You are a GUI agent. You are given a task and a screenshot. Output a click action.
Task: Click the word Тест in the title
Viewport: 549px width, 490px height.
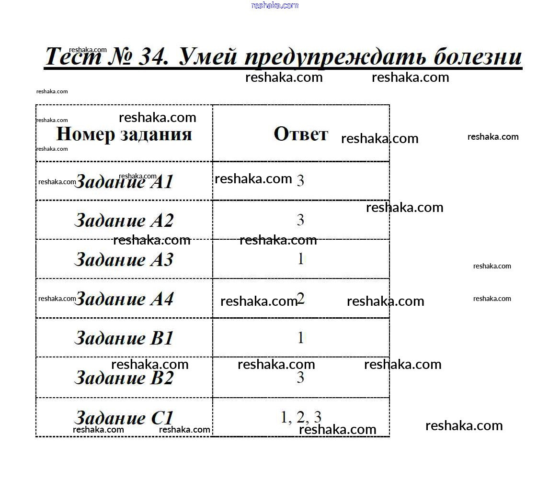(73, 56)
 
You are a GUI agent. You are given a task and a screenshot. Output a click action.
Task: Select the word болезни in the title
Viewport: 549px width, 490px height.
(478, 56)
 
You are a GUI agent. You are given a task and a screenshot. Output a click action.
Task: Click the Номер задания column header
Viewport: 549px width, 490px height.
(124, 134)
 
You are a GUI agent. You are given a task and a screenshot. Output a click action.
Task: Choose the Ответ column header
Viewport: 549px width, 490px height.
(301, 134)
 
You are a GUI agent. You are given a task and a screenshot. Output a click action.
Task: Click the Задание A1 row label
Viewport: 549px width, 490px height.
(124, 181)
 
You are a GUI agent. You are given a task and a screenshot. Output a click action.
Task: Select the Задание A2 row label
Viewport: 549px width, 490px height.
(124, 220)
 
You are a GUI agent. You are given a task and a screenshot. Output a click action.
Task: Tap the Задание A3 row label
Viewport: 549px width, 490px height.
(124, 259)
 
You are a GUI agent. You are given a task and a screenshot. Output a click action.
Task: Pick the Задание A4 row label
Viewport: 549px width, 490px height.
(124, 299)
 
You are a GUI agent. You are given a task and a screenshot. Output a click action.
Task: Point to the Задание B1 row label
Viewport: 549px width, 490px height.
(124, 338)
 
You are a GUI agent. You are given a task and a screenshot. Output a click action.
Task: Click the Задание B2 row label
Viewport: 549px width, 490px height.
(124, 378)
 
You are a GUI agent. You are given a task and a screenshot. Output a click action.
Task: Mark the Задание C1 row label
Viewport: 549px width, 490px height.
(124, 418)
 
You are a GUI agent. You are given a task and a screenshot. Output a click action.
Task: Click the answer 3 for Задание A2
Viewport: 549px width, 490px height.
(300, 220)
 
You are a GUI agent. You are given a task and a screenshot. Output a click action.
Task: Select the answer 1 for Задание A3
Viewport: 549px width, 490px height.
(300, 259)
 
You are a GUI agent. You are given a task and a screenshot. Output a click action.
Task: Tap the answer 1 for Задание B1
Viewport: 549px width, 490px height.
(300, 338)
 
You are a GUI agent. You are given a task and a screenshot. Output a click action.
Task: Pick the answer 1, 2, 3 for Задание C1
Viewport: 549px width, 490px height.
(301, 417)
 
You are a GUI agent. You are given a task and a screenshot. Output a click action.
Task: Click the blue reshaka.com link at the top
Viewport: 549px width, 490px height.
(275, 5)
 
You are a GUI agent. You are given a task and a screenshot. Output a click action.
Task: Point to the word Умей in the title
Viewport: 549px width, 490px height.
(207, 56)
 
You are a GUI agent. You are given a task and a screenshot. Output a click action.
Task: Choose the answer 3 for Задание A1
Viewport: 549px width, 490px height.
(300, 180)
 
